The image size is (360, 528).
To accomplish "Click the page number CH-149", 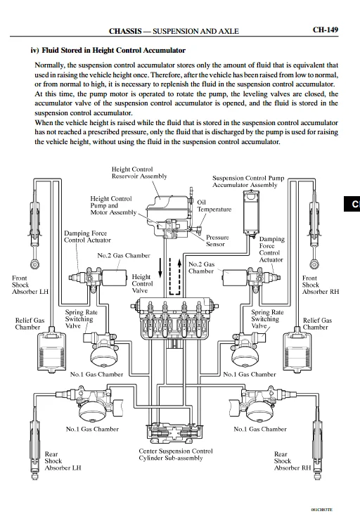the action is point(325,30).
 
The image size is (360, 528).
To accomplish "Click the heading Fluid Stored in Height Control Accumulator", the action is point(113,51).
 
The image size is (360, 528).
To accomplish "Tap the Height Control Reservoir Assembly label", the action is point(139,173).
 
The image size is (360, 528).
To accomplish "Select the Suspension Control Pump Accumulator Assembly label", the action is point(248,181).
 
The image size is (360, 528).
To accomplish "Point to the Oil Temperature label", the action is point(214,206).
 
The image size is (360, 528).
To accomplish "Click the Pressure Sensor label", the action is point(217,240).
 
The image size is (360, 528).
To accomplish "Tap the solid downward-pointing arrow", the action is point(160,268).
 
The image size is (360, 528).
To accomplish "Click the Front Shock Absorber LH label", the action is point(30,285).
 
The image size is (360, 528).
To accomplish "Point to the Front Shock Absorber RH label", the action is point(320,285).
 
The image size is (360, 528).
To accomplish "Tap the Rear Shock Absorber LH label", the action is point(63,461).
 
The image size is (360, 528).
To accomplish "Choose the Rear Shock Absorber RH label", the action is point(292,461).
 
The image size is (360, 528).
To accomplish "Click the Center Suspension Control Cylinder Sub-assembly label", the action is point(176,455).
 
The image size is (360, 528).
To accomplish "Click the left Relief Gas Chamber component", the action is point(51,349).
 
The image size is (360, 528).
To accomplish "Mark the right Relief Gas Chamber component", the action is point(297,349).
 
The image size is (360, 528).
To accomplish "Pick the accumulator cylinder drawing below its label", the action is point(252,212).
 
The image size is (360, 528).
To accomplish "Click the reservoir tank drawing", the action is point(167,205).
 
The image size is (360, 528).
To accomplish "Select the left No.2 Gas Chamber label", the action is point(124,256).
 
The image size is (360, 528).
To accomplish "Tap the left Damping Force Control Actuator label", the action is point(87,237).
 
